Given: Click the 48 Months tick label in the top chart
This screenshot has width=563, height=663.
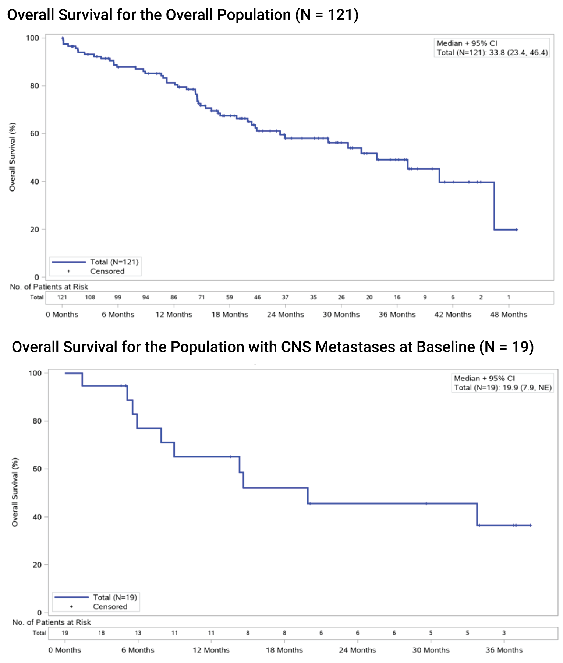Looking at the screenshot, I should coord(509,315).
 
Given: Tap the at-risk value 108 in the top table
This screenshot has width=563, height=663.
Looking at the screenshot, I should coord(90,297).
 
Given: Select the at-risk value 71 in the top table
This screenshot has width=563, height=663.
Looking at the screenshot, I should coord(202,297).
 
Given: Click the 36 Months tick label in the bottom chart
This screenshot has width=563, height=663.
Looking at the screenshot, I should coord(504,650).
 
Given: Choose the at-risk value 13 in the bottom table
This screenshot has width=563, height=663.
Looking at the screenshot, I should coord(138,633).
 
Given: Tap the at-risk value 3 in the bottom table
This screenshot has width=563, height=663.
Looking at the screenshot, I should coord(504,633).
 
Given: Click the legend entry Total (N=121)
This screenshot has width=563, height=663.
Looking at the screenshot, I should coord(114,262).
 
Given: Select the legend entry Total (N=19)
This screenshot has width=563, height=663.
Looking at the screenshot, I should coord(115,597).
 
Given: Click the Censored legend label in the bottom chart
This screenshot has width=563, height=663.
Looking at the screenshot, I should coord(110,607).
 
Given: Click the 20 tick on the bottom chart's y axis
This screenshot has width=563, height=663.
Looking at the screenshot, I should coord(37,565).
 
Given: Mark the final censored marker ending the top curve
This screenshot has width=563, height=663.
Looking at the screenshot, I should coord(517,229).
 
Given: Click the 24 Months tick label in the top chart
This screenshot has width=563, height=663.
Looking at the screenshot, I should coord(285,315).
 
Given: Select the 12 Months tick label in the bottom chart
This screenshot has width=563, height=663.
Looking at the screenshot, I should coord(211,650).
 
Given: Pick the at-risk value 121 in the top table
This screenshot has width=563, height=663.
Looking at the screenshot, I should coord(62,297).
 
